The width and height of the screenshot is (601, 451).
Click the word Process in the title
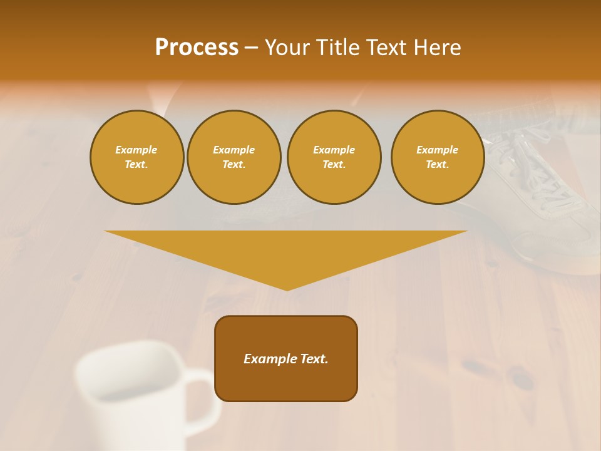tap(197, 48)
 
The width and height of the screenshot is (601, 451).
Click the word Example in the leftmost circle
tap(136, 150)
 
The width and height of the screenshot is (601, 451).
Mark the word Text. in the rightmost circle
tap(437, 165)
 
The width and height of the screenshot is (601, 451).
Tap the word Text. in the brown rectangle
tap(314, 359)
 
